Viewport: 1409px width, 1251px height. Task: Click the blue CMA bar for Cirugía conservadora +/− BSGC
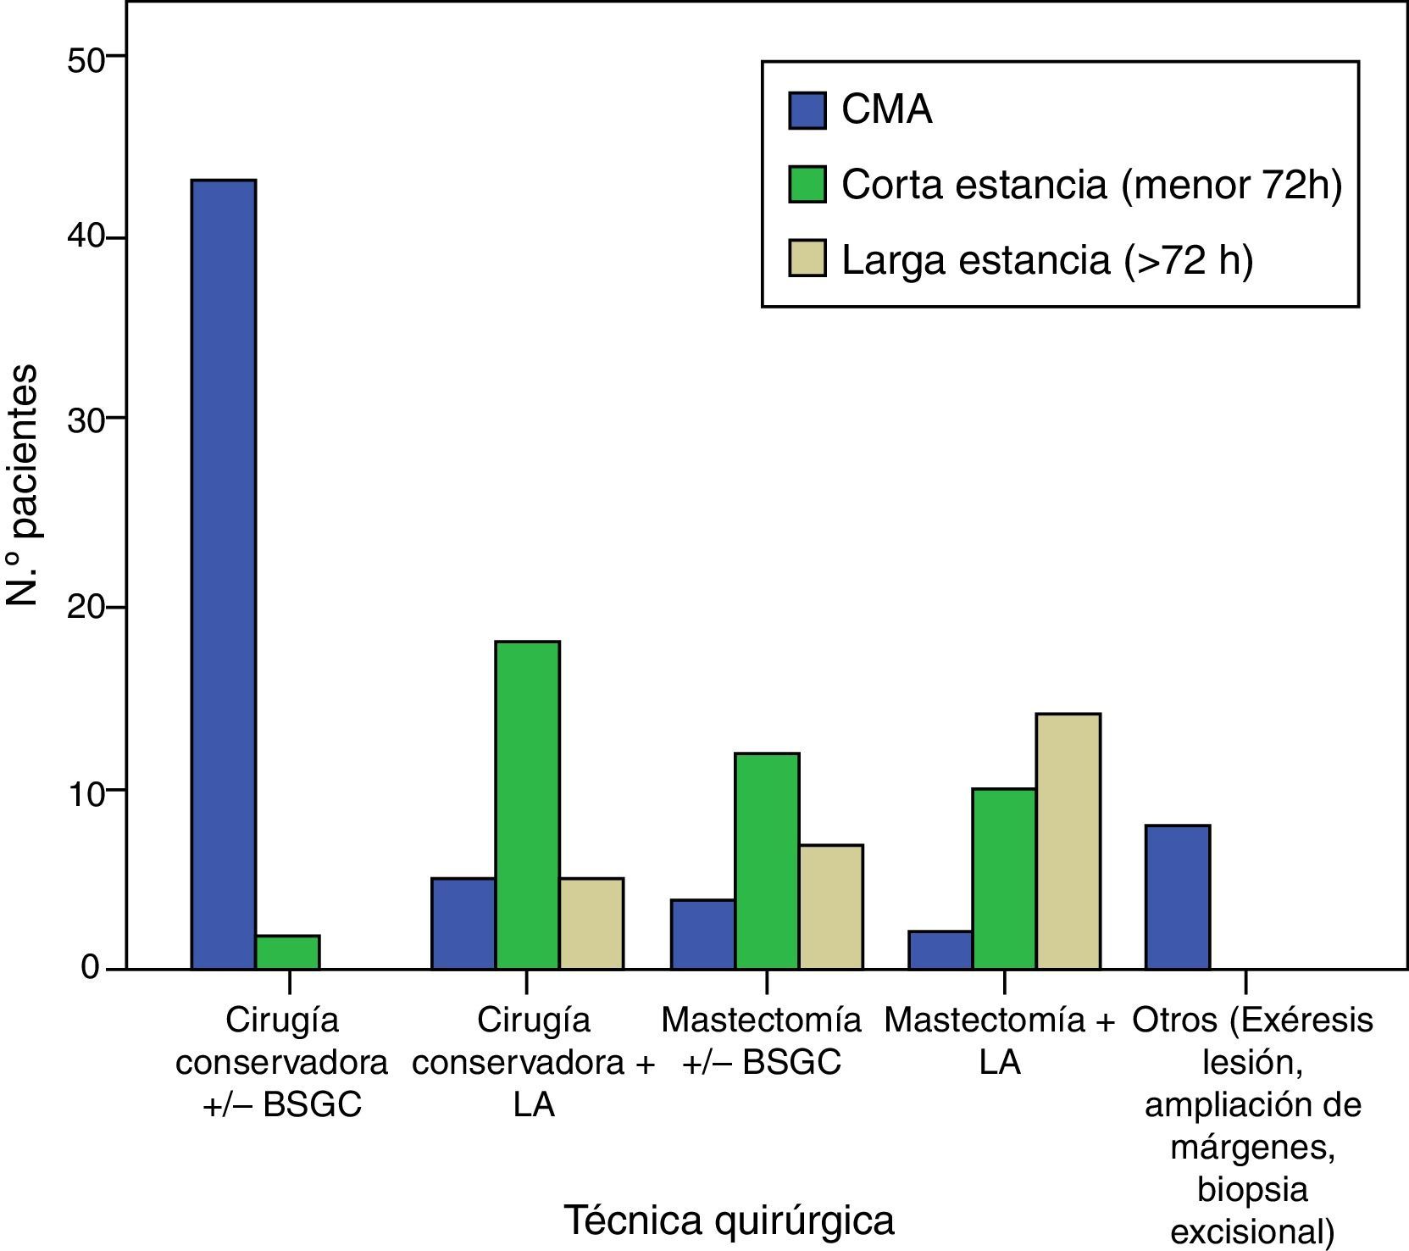[x=223, y=574]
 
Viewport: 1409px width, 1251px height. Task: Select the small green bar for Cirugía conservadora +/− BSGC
[x=287, y=952]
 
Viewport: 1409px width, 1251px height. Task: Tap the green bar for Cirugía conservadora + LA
[x=527, y=805]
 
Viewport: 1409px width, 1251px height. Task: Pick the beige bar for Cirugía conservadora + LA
[x=591, y=923]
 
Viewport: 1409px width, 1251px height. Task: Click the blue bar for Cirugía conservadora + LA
[x=463, y=923]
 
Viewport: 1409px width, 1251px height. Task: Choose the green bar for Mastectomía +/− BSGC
[x=767, y=860]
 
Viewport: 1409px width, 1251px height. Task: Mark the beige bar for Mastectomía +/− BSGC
[x=830, y=906]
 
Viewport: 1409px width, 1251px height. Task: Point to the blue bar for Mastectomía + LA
[x=940, y=949]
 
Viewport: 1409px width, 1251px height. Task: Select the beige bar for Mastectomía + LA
[x=1068, y=841]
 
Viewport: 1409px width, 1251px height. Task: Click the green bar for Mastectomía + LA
[x=1004, y=878]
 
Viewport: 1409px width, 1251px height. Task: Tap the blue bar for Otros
[x=1177, y=896]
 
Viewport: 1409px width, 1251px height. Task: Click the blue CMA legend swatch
[x=807, y=110]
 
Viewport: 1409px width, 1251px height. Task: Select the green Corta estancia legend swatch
[x=807, y=184]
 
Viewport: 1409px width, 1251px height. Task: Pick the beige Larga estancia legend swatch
[x=807, y=258]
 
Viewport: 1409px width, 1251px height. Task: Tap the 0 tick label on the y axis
[x=91, y=968]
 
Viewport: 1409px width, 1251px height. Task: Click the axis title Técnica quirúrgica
[x=729, y=1221]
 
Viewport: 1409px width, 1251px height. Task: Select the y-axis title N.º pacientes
[x=23, y=485]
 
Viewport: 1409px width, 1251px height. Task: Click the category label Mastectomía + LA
[x=1000, y=1041]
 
